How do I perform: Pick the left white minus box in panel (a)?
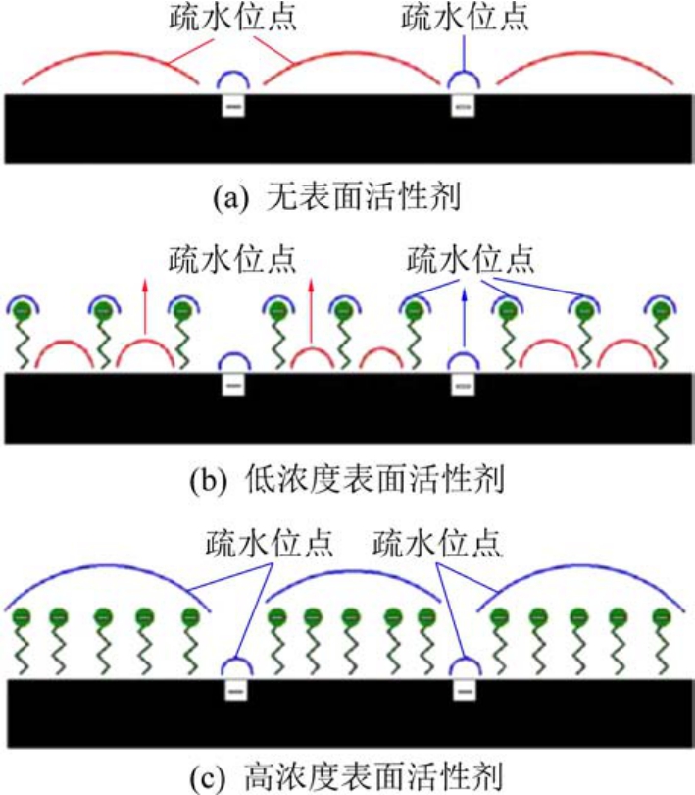click(233, 105)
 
